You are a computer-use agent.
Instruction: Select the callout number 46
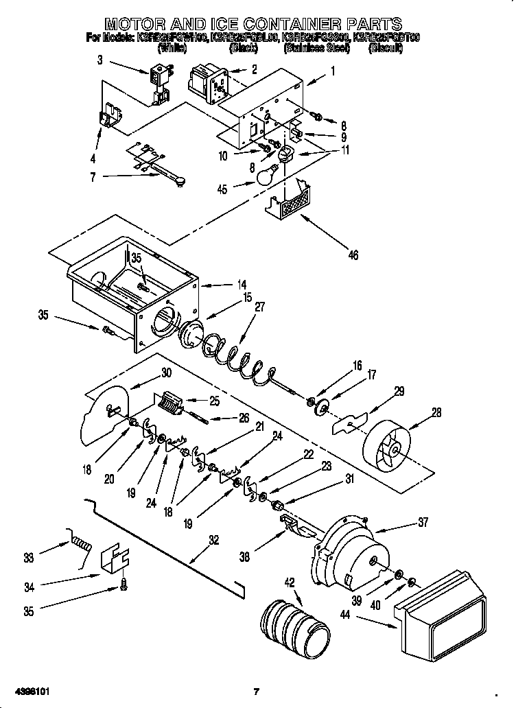tap(353, 256)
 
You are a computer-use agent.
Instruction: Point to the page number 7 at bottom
tap(255, 691)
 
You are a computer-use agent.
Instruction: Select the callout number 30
tap(165, 373)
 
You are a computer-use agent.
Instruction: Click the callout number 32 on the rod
tap(214, 540)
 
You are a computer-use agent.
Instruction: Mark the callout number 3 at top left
tap(100, 60)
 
